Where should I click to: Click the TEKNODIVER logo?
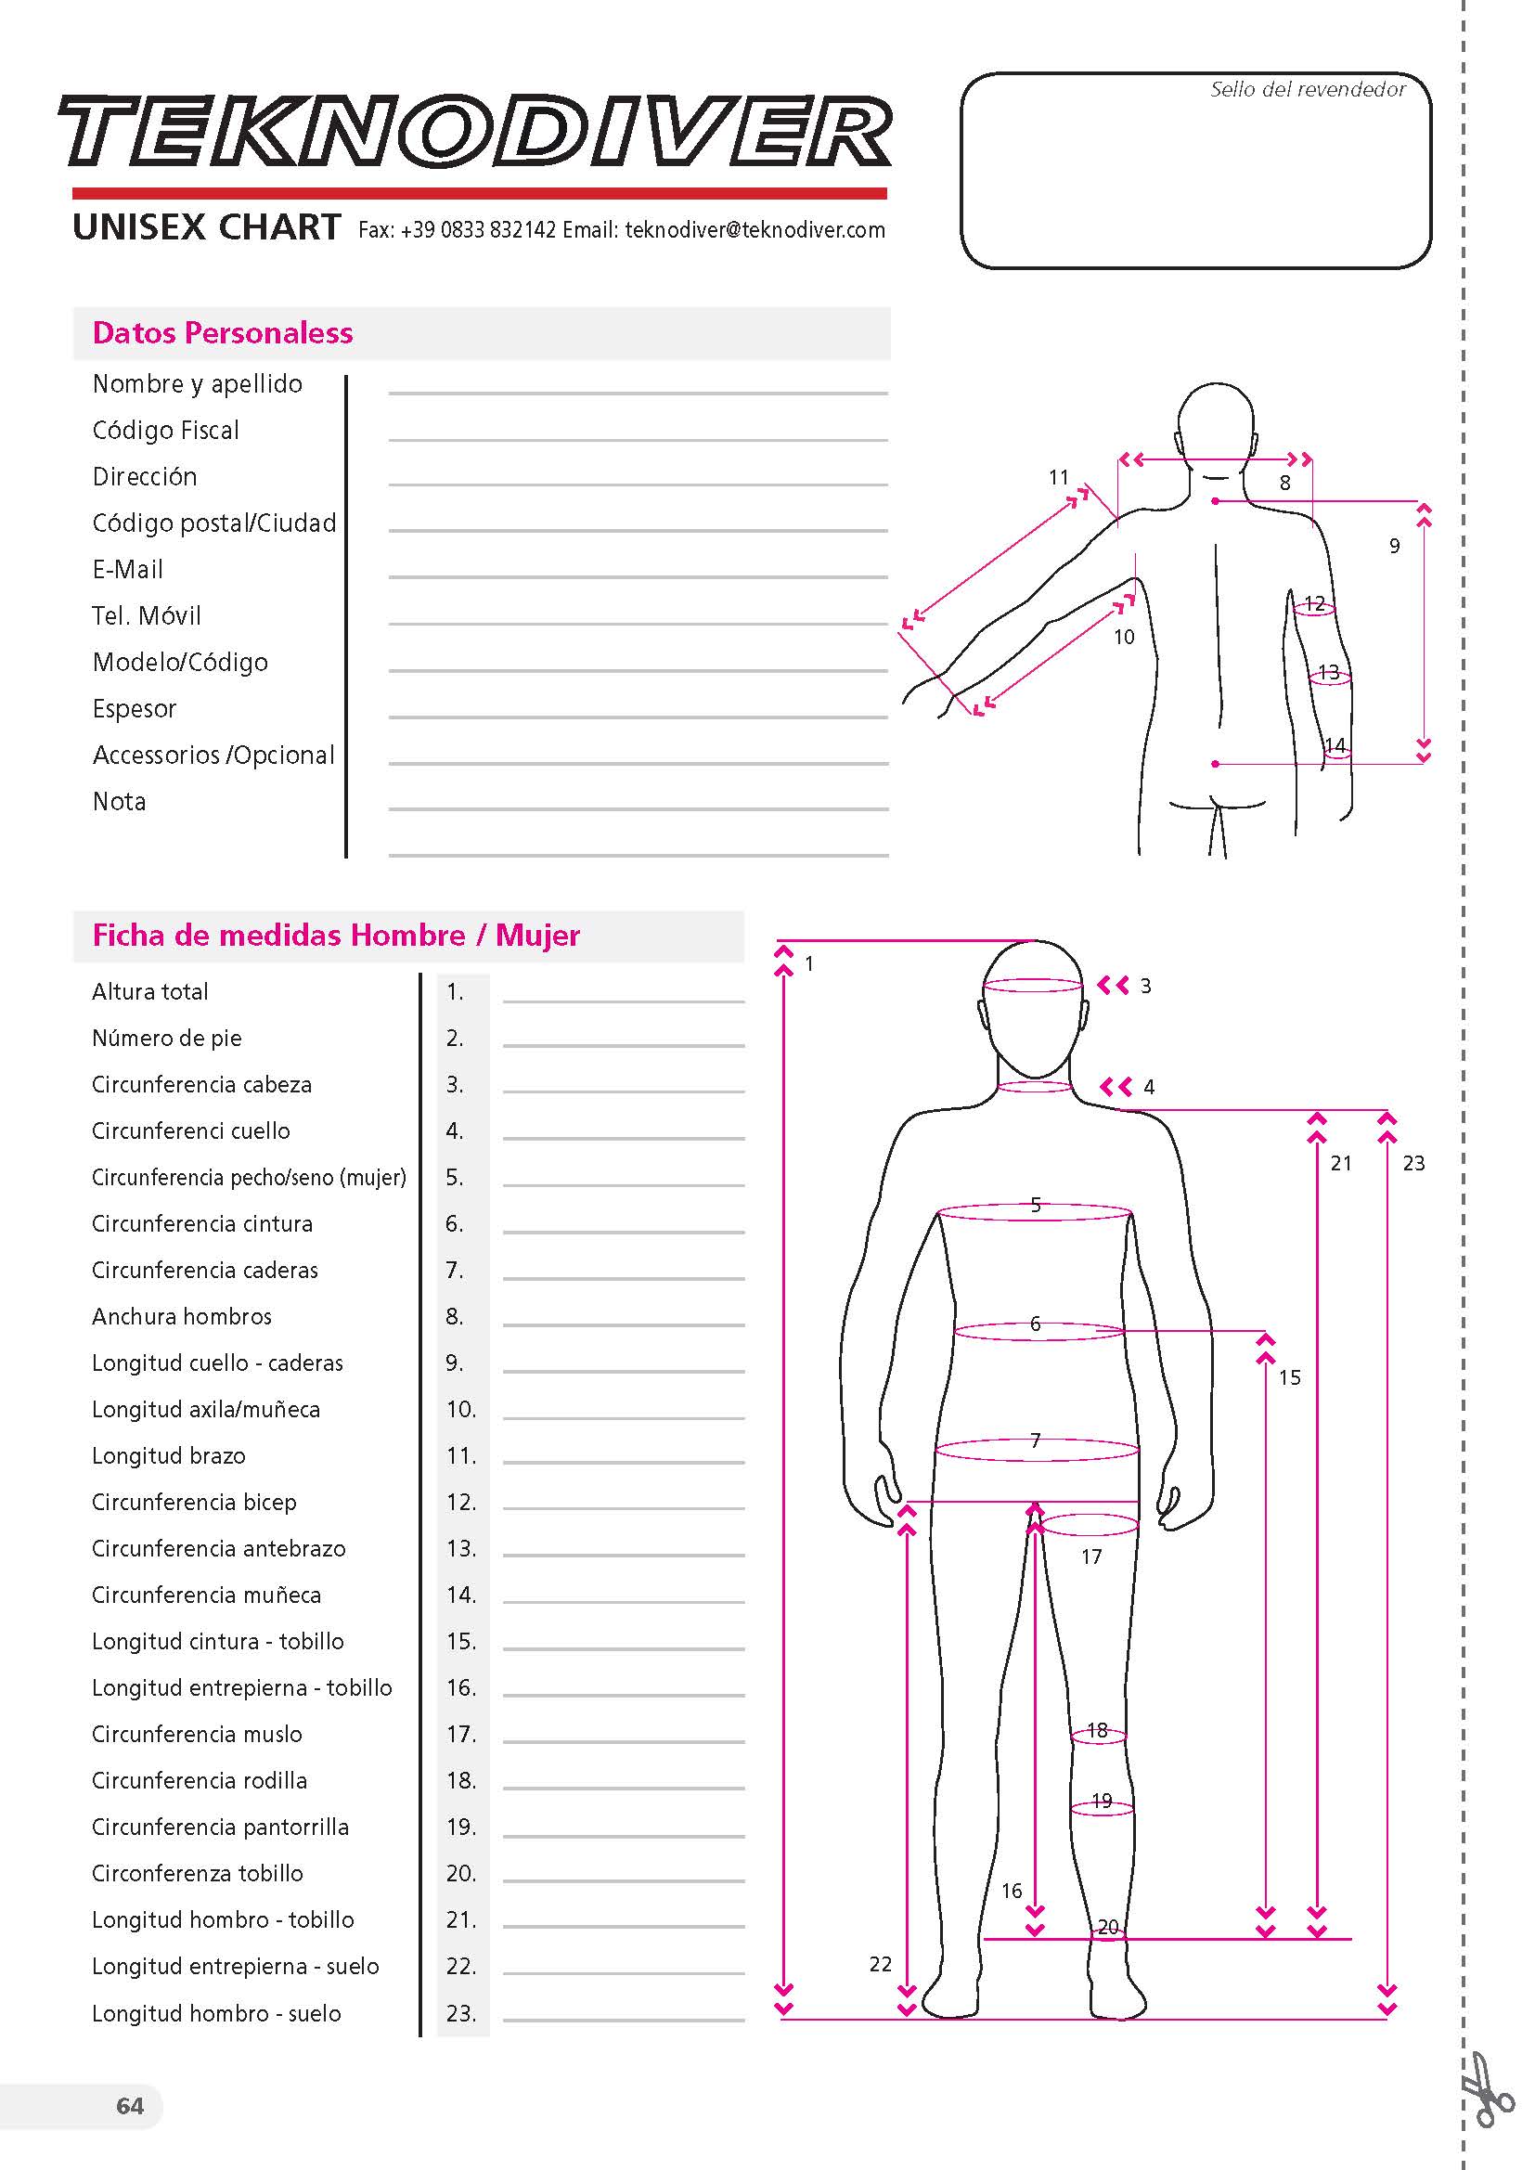[474, 132]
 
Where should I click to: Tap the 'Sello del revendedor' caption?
[1308, 90]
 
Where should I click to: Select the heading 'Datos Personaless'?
[222, 332]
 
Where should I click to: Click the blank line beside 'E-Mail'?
[638, 575]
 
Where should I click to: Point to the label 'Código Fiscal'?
[165, 431]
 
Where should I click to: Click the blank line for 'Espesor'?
[638, 716]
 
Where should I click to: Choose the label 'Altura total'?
[150, 991]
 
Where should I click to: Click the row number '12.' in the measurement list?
[461, 1502]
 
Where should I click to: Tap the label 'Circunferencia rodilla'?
[200, 1780]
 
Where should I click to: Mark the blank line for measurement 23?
[623, 2021]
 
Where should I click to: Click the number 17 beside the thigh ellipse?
[1091, 1556]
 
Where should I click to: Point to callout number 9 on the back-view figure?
[1394, 546]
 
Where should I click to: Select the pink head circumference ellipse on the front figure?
[1033, 986]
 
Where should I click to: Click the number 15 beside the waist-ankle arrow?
[1289, 1377]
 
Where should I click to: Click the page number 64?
[130, 2106]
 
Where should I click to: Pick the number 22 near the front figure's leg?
[880, 1964]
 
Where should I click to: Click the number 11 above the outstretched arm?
[1059, 477]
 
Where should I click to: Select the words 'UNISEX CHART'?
[206, 227]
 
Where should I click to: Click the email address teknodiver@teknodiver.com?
[755, 229]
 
